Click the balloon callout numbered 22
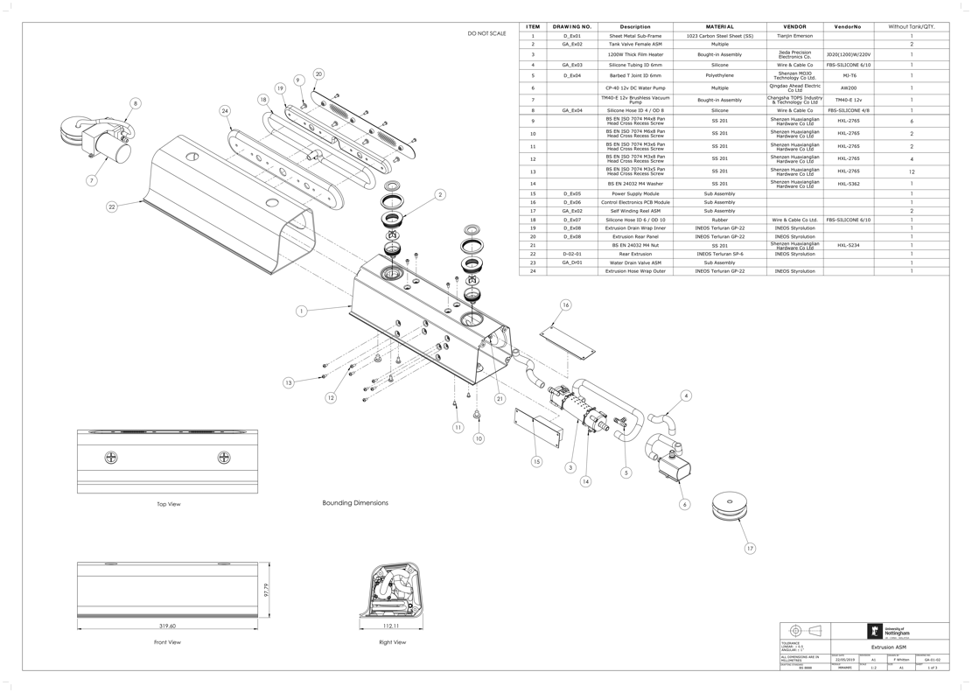point(112,207)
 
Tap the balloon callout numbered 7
point(91,180)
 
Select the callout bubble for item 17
point(750,549)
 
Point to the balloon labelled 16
point(566,305)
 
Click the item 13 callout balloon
point(288,383)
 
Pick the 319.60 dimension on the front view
point(166,626)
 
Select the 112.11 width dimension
point(391,626)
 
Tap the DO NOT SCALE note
point(486,33)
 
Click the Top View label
point(168,504)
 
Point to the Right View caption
point(392,642)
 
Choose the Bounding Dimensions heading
point(355,503)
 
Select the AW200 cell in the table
point(848,88)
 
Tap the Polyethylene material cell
point(719,76)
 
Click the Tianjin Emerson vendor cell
point(794,37)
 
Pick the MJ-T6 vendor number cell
point(848,76)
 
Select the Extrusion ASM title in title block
point(888,647)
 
